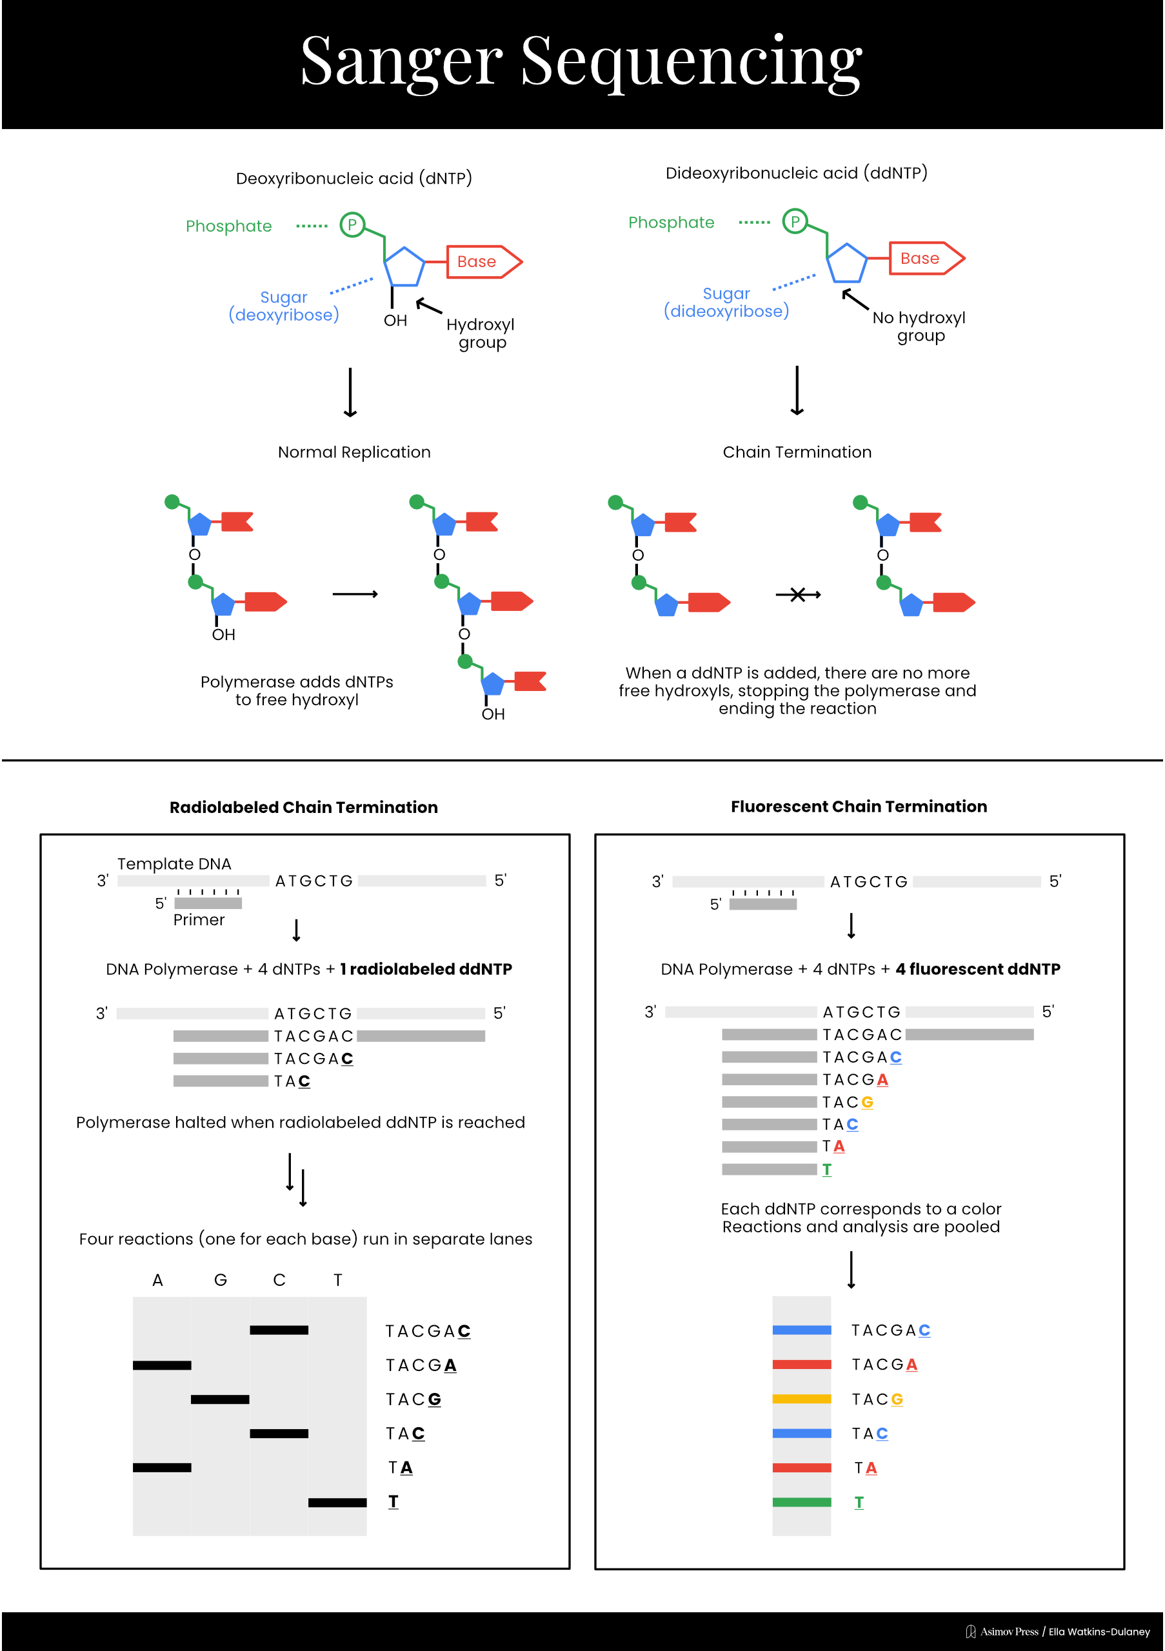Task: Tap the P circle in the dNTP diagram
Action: point(352,225)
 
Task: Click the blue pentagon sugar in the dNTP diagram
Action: point(404,268)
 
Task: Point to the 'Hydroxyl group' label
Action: point(481,333)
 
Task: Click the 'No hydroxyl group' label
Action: point(919,326)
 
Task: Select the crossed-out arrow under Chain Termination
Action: point(797,595)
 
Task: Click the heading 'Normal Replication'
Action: point(353,452)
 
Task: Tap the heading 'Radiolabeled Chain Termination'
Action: point(303,807)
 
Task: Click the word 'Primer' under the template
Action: point(199,920)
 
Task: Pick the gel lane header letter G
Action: point(220,1280)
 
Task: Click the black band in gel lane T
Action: point(337,1502)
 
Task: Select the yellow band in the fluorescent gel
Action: point(801,1399)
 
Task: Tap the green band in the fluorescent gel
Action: point(801,1502)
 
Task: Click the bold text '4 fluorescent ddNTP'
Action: point(977,968)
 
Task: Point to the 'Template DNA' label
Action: point(174,864)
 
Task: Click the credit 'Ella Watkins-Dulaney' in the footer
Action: point(1099,1632)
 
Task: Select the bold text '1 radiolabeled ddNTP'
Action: point(426,968)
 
